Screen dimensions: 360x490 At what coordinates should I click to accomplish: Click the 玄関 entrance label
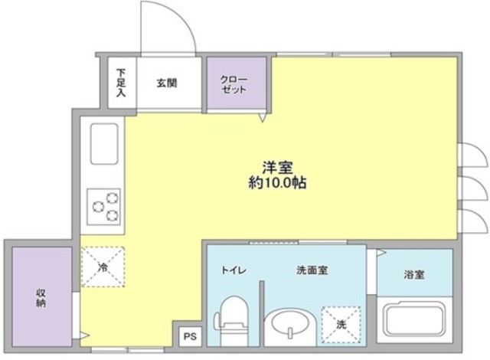click(x=168, y=83)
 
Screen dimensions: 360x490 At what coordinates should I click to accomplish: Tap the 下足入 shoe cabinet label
click(x=121, y=83)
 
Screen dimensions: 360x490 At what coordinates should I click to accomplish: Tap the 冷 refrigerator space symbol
click(x=103, y=268)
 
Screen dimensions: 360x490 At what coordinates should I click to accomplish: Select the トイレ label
click(x=234, y=270)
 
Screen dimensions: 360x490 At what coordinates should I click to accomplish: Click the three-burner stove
click(x=104, y=205)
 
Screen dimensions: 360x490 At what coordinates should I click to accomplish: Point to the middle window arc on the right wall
click(x=474, y=185)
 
